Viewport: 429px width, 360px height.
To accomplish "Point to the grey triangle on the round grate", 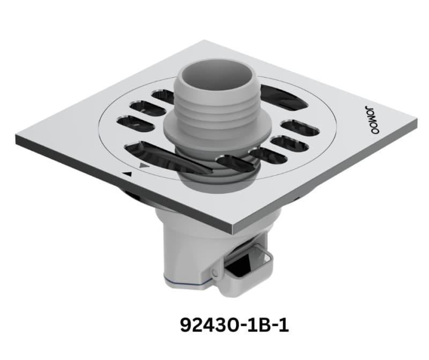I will (x=143, y=166).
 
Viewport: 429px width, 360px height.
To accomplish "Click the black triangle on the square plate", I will (x=127, y=174).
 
